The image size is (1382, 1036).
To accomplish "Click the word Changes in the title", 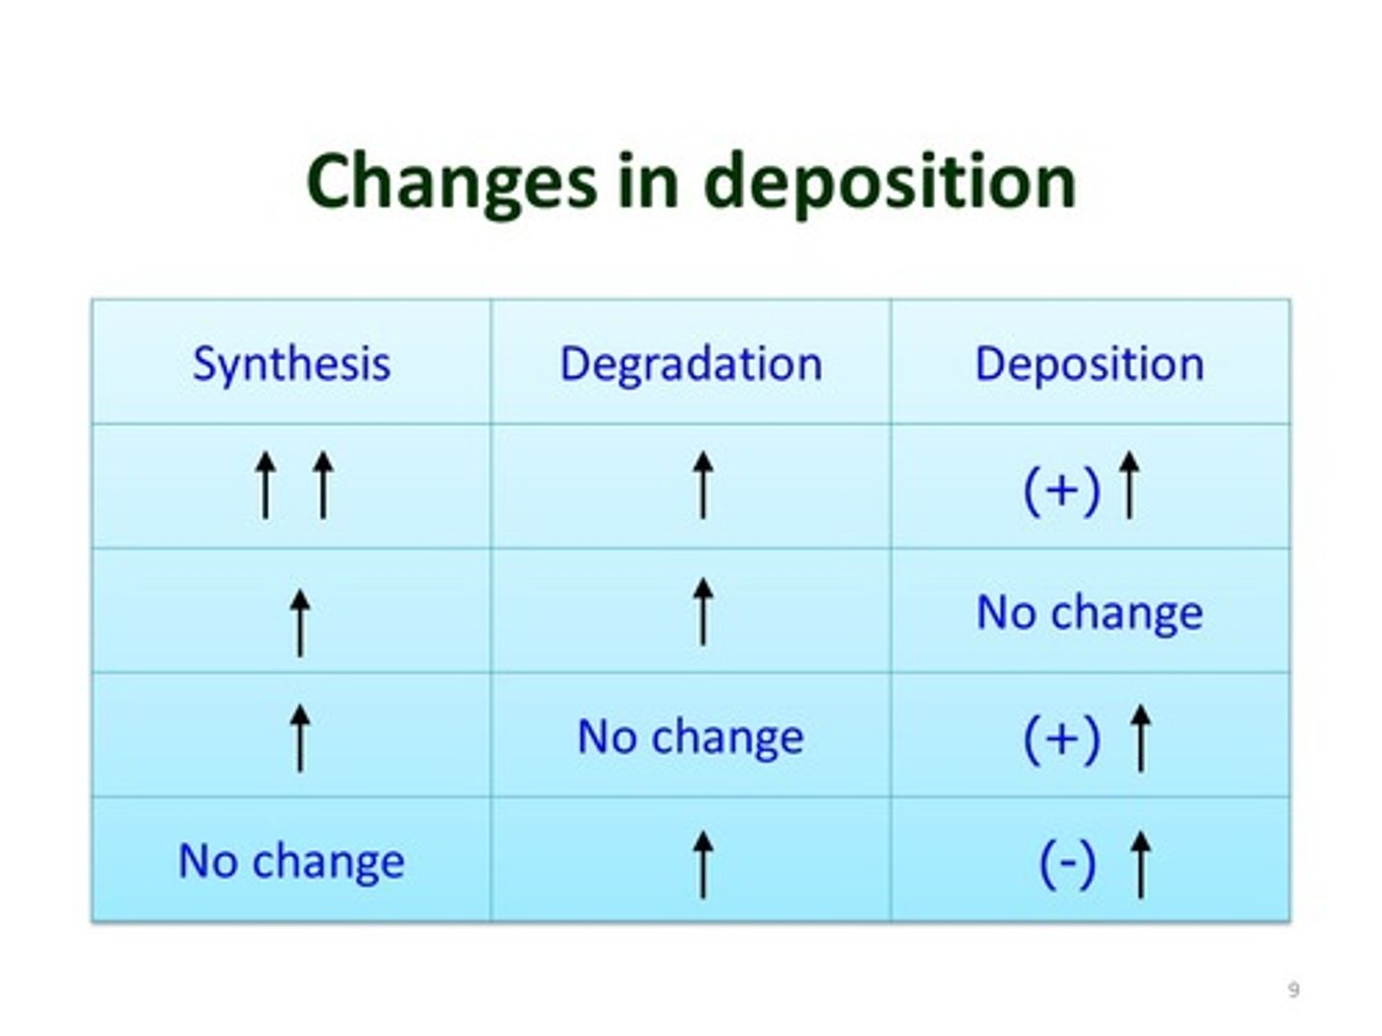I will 450,182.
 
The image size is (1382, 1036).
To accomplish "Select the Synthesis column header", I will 292,364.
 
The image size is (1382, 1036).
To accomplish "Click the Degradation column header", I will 691,364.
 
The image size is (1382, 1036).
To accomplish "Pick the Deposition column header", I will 1089,364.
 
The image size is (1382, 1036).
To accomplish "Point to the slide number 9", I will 1293,989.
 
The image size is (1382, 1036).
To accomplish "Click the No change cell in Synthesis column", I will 292,860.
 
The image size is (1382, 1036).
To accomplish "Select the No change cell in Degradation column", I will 691,737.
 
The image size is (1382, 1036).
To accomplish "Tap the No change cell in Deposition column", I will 1089,612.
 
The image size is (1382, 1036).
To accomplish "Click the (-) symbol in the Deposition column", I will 1067,862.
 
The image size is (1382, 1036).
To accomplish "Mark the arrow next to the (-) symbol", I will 1140,863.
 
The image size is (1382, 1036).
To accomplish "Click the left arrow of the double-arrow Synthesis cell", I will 265,485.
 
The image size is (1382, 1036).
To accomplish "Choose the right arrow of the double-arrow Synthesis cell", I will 323,485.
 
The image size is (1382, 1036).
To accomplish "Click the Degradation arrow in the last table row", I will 703,863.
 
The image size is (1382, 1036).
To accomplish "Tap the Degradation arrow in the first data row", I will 703,485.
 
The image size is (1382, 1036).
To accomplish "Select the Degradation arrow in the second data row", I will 703,611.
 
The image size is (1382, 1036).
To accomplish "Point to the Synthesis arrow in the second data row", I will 300,623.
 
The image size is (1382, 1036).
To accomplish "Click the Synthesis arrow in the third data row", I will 300,737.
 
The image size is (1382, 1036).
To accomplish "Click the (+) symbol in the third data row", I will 1061,739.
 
